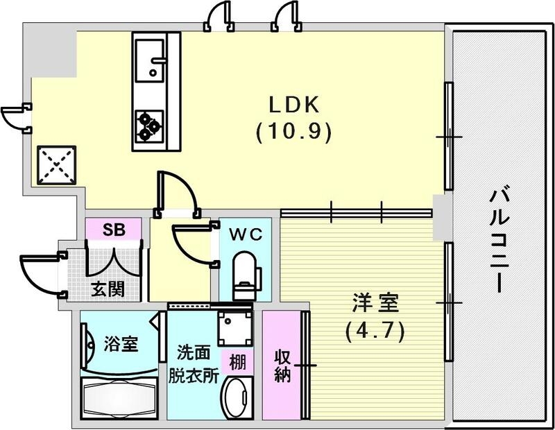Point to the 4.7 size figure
coord(375,331)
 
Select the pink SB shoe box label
coord(114,230)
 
